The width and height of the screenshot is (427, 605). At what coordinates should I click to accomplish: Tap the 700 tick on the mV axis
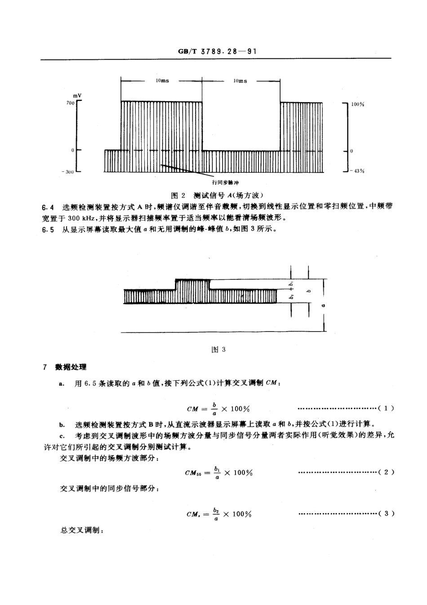point(70,103)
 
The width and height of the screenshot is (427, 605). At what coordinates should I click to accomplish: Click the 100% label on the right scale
point(357,104)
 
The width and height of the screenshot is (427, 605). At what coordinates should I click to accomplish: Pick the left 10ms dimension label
point(162,81)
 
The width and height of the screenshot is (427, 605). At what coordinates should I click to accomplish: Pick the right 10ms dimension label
point(240,81)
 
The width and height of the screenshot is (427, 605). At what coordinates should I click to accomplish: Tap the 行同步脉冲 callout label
point(226,183)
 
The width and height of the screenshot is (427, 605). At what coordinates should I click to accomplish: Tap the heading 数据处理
point(71,367)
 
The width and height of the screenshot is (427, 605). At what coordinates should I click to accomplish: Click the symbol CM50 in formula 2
point(194,473)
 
